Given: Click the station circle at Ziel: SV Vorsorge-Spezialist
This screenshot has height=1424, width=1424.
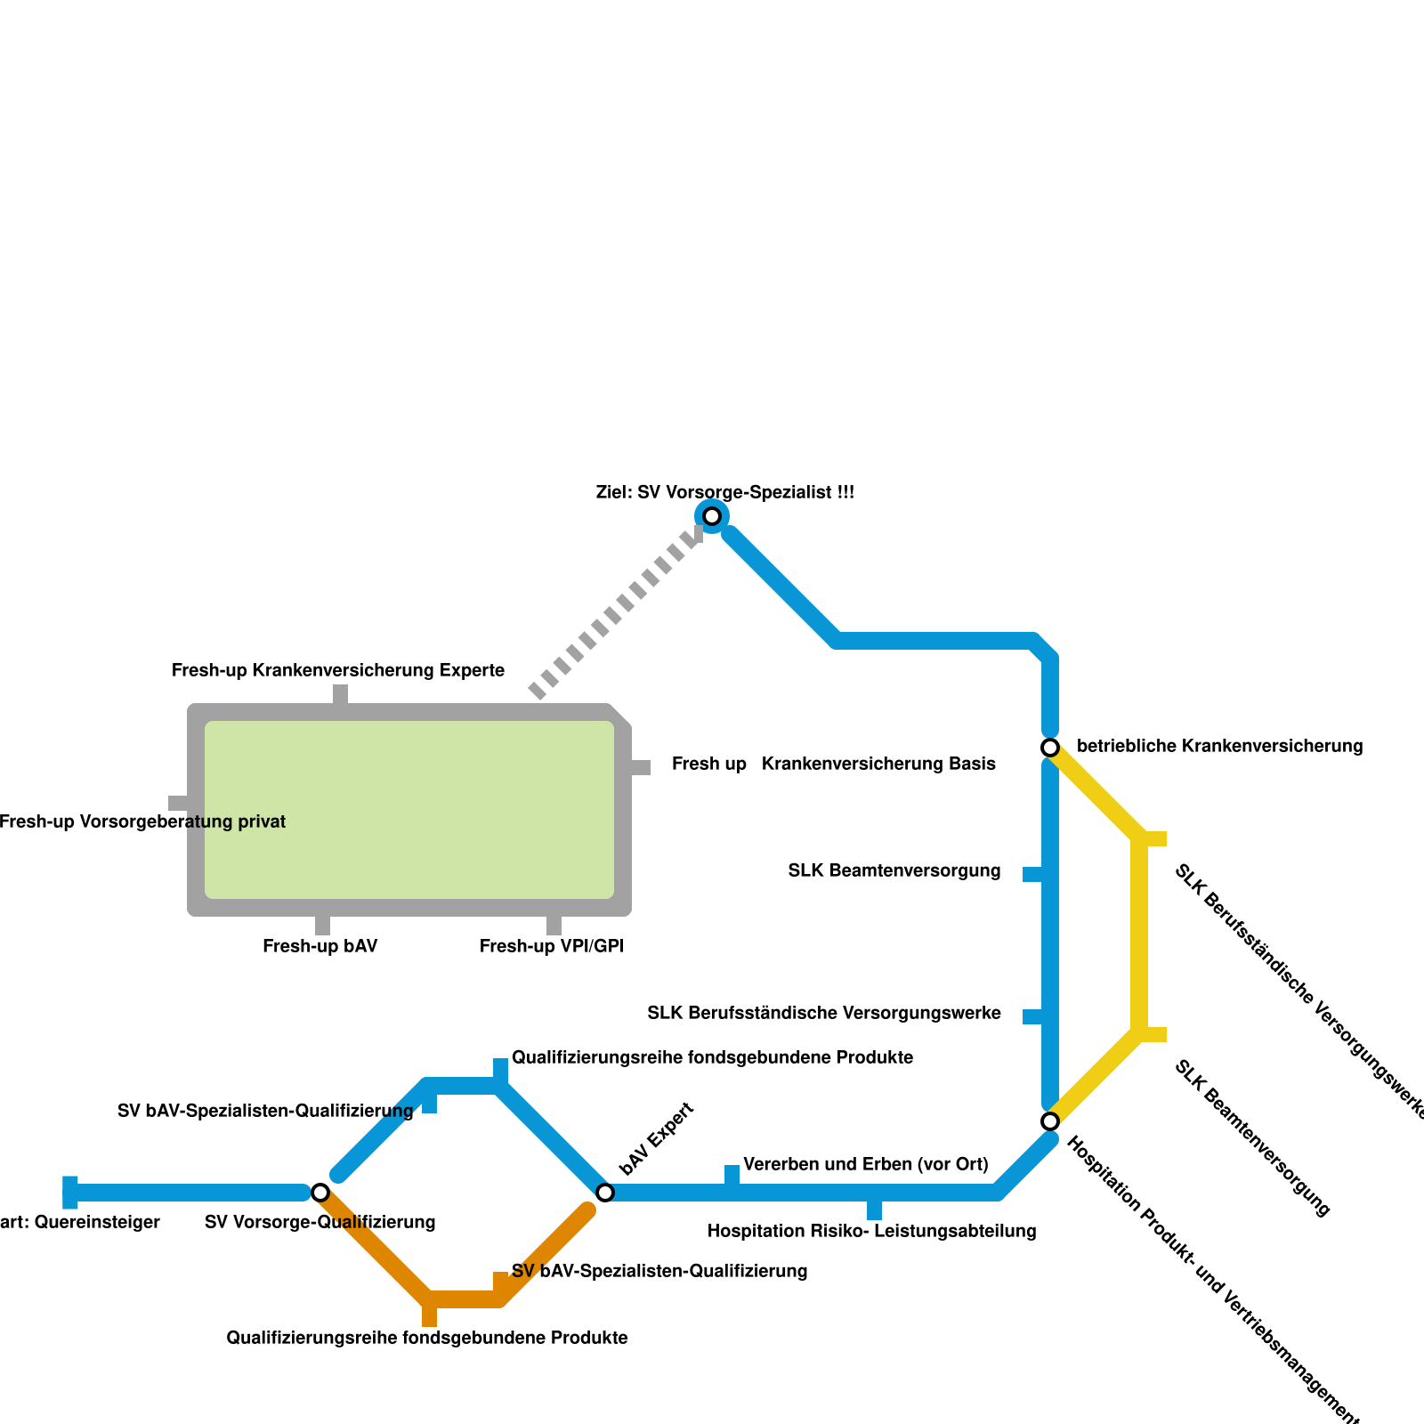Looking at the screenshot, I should (712, 516).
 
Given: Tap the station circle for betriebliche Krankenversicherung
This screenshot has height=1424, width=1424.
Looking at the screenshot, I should (1050, 747).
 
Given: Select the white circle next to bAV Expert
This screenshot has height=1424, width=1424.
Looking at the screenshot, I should (605, 1192).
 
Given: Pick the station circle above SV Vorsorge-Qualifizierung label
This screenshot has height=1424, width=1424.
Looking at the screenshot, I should (320, 1192).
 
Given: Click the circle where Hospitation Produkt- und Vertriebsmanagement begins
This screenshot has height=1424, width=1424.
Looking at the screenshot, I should (1050, 1121).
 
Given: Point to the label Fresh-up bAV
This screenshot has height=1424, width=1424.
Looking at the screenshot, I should (320, 947).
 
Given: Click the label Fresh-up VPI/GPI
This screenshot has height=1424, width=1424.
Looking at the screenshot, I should (551, 947).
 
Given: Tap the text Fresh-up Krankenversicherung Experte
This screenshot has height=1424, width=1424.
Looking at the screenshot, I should (338, 671).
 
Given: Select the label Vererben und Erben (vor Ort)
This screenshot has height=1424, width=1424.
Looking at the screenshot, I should (865, 1164).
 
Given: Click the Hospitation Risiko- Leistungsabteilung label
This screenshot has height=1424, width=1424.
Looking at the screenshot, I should (871, 1232).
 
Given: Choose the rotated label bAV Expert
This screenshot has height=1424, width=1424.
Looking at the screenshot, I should (656, 1138).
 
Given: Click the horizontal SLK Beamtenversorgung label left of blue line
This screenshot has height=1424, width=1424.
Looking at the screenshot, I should (894, 871).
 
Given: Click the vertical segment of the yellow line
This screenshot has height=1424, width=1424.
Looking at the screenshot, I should (1139, 934).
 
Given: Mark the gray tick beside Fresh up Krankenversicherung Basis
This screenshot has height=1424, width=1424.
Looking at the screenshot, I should (640, 767).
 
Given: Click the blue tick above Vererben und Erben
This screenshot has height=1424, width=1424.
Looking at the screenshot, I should (732, 1175).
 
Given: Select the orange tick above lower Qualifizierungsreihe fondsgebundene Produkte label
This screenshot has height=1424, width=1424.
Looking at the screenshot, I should (430, 1315).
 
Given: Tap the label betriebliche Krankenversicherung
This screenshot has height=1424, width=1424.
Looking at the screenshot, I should (1219, 747).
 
